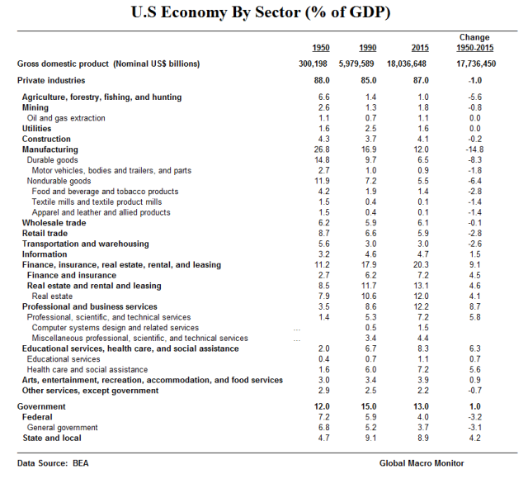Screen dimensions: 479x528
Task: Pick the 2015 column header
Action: click(419, 48)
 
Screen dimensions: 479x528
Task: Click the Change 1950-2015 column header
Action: click(474, 43)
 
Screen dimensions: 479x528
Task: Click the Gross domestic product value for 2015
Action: click(419, 64)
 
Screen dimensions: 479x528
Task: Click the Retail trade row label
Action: click(47, 234)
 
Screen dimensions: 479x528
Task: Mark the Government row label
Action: click(44, 407)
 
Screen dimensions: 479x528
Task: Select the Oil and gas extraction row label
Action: click(66, 118)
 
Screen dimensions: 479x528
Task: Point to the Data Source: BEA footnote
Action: click(53, 463)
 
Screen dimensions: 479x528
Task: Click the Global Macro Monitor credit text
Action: click(422, 463)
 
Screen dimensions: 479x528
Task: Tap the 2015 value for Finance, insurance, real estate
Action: click(421, 265)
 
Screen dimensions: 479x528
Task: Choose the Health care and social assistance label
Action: click(87, 370)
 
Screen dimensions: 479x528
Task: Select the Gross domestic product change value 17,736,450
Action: click(474, 64)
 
